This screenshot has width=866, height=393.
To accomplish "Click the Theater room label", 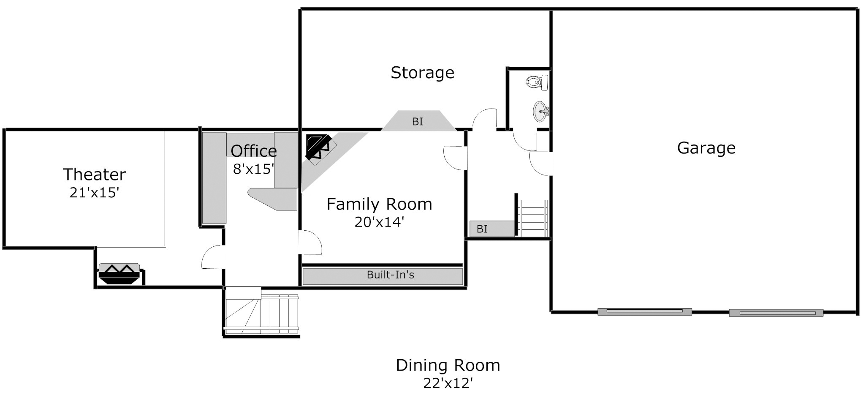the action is tap(94, 175).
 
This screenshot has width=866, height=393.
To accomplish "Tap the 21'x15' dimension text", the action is tap(95, 193).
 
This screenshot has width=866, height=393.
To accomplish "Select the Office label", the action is tap(254, 151).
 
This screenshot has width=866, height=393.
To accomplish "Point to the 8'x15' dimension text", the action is tap(254, 169).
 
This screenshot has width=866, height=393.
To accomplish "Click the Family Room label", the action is tap(380, 204).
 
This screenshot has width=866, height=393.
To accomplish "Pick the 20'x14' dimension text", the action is tap(380, 222).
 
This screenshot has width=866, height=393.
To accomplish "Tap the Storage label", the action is tap(422, 73).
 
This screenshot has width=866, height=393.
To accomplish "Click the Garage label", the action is tap(706, 148).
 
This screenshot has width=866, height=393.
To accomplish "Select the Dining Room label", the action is tap(448, 365).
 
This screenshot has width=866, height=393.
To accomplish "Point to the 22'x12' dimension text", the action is tap(448, 383).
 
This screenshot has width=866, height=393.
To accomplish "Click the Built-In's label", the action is tap(391, 275).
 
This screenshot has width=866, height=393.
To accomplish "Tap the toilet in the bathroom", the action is tap(537, 82).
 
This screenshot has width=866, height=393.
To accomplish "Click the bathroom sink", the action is tap(541, 112).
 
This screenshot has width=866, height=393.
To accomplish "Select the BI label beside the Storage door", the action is tap(418, 122).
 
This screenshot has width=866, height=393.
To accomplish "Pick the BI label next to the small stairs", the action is tap(482, 229).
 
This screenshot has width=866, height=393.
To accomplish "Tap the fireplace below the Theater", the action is tap(119, 273).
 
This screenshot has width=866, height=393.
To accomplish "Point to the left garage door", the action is tap(645, 312).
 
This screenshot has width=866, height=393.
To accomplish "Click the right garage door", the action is tap(776, 313).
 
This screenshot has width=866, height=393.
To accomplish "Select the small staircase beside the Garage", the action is tap(533, 218).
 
